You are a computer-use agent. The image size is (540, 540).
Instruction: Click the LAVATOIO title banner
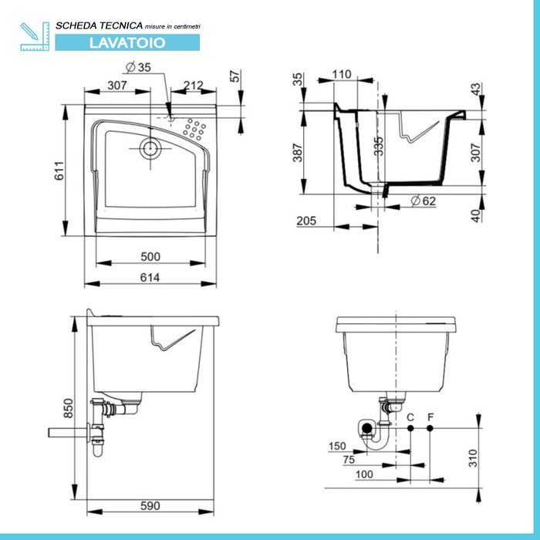point(127,42)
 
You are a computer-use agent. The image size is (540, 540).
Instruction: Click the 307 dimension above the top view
point(116,85)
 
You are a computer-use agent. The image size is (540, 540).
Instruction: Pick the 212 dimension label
point(194,85)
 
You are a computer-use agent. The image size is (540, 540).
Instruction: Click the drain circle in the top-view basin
point(150,148)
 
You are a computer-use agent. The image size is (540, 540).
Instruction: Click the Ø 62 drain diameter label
point(424,201)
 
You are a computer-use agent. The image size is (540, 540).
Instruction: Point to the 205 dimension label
point(307,221)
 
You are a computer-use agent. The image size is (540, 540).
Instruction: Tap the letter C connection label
point(410,417)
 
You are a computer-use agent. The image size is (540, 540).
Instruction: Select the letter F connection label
point(430,417)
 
